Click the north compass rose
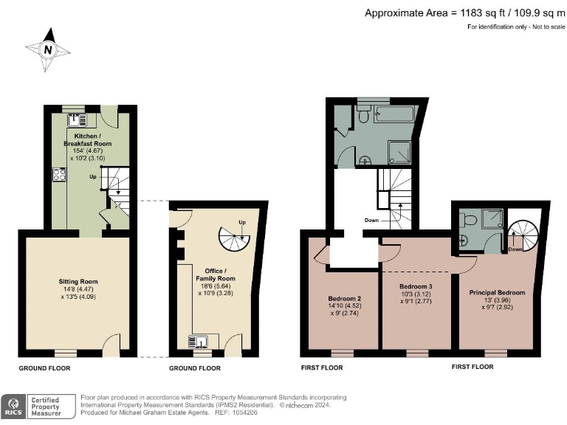click(x=48, y=49)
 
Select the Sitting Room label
click(x=78, y=281)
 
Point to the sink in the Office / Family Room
click(x=200, y=342)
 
